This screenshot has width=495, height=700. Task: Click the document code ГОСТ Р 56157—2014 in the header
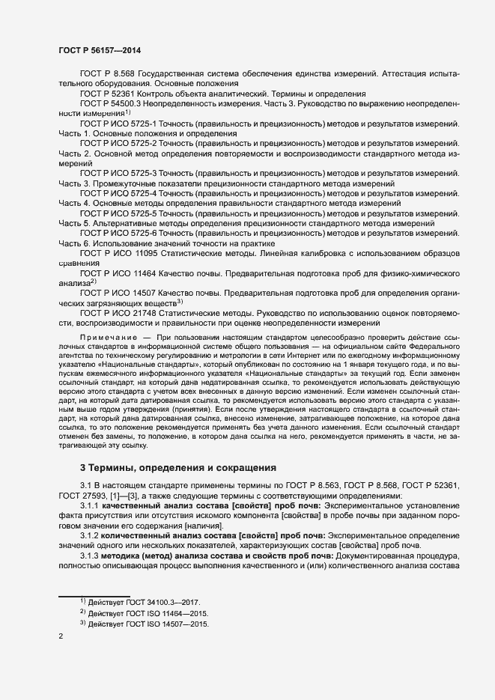point(99,49)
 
